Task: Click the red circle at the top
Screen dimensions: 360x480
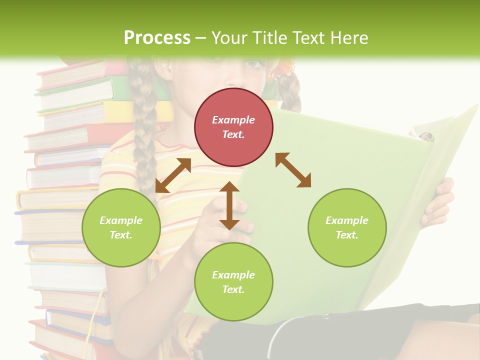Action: tap(233, 127)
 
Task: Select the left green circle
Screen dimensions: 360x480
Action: tap(121, 227)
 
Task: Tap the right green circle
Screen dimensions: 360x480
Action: tap(347, 227)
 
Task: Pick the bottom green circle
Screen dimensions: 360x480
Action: tap(233, 282)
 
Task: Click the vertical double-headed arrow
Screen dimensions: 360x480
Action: tap(229, 205)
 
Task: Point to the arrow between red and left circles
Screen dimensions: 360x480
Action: tap(173, 175)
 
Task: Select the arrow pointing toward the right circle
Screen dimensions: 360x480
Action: tap(293, 170)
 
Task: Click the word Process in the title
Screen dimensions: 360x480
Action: tap(157, 37)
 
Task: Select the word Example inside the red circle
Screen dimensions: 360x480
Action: tap(233, 120)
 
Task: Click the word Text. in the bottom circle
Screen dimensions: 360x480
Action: tap(233, 289)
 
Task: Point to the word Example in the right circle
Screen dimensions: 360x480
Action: tap(347, 220)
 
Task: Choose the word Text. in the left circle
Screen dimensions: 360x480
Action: tap(121, 235)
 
